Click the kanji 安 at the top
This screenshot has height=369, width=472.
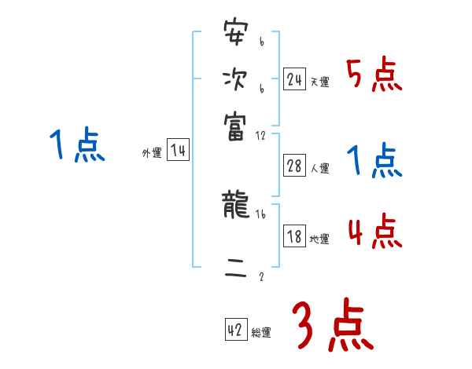coord(234,35)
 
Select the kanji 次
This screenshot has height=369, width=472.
coord(234,79)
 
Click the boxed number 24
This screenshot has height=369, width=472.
coord(294,79)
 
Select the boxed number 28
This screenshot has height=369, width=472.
coord(294,166)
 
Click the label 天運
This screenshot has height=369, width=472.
coord(319,82)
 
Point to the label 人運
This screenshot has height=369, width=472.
coord(319,168)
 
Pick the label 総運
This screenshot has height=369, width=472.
coord(260,332)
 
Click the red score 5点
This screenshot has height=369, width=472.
coord(374,77)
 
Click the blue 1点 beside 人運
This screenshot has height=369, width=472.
coord(374,162)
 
